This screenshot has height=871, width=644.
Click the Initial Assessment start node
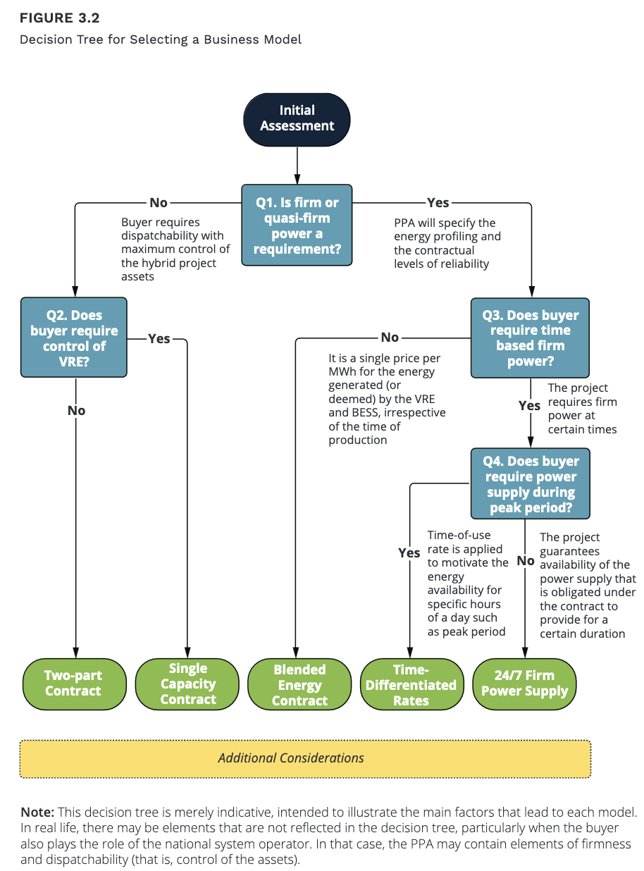tap(297, 119)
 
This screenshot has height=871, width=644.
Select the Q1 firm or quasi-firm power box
tap(297, 225)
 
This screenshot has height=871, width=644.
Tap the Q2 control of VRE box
tap(74, 338)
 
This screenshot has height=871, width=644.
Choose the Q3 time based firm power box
tap(530, 338)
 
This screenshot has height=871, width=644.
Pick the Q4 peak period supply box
tap(530, 483)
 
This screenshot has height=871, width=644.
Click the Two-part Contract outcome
tap(74, 684)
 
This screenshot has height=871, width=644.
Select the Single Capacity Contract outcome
tap(187, 684)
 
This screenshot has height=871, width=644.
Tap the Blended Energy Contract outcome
tap(299, 684)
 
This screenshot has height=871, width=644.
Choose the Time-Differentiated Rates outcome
tap(411, 684)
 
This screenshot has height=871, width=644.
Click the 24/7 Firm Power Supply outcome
tap(524, 684)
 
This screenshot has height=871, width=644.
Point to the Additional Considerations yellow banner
tap(305, 759)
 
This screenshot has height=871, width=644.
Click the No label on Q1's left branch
tap(159, 203)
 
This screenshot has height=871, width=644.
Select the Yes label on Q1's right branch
tap(438, 203)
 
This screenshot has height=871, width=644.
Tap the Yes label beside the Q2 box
tap(159, 338)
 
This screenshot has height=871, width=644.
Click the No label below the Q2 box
tap(76, 410)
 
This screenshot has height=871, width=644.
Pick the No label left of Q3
tap(390, 337)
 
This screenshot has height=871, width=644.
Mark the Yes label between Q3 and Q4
tap(529, 405)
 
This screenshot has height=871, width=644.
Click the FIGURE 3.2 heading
tap(60, 18)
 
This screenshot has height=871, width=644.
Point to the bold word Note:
tap(37, 812)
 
